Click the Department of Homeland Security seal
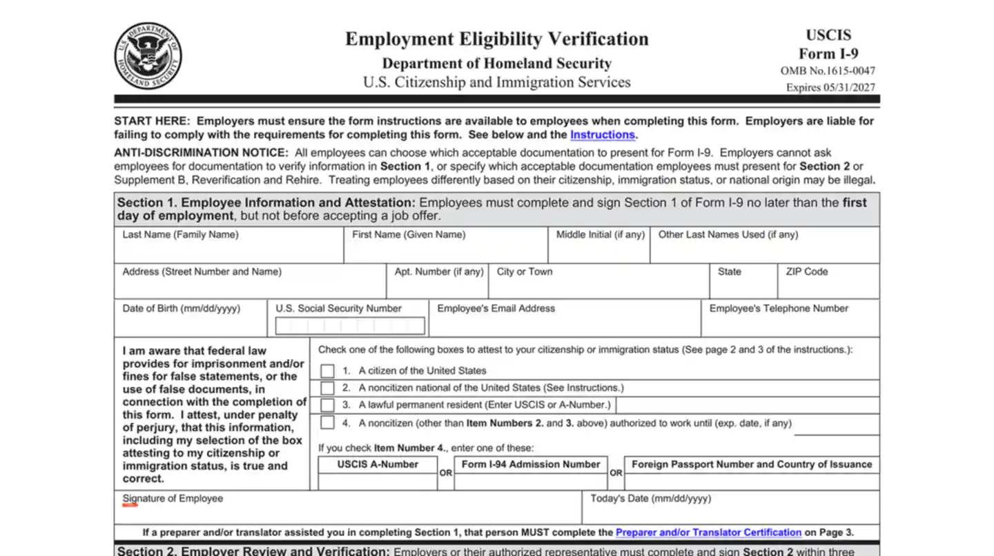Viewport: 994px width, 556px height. coord(148,56)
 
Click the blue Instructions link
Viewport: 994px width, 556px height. coord(602,135)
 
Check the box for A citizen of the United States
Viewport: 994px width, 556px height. coord(327,371)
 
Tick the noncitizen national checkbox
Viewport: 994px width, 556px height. coord(327,388)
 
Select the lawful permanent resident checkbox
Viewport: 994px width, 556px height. coord(327,405)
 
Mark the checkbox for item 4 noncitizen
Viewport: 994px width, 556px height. coord(327,423)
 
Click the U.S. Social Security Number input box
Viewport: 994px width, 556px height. coord(350,325)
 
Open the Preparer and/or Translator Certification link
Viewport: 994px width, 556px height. coord(708,533)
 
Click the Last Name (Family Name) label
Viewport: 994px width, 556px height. coord(181,235)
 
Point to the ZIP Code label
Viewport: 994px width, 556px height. coord(806,271)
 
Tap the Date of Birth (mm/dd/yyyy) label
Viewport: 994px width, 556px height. coord(182,309)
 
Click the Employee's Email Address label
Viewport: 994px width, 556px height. coord(496,309)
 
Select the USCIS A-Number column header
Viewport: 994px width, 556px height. coord(378,465)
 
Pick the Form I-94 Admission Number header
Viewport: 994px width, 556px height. coord(531,465)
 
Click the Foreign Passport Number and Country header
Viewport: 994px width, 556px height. coord(752,465)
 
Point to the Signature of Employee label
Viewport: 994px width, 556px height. coord(173,499)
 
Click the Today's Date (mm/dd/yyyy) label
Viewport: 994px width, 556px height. coord(650,499)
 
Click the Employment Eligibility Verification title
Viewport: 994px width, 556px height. coord(497,39)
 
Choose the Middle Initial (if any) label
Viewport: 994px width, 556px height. coord(601,235)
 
